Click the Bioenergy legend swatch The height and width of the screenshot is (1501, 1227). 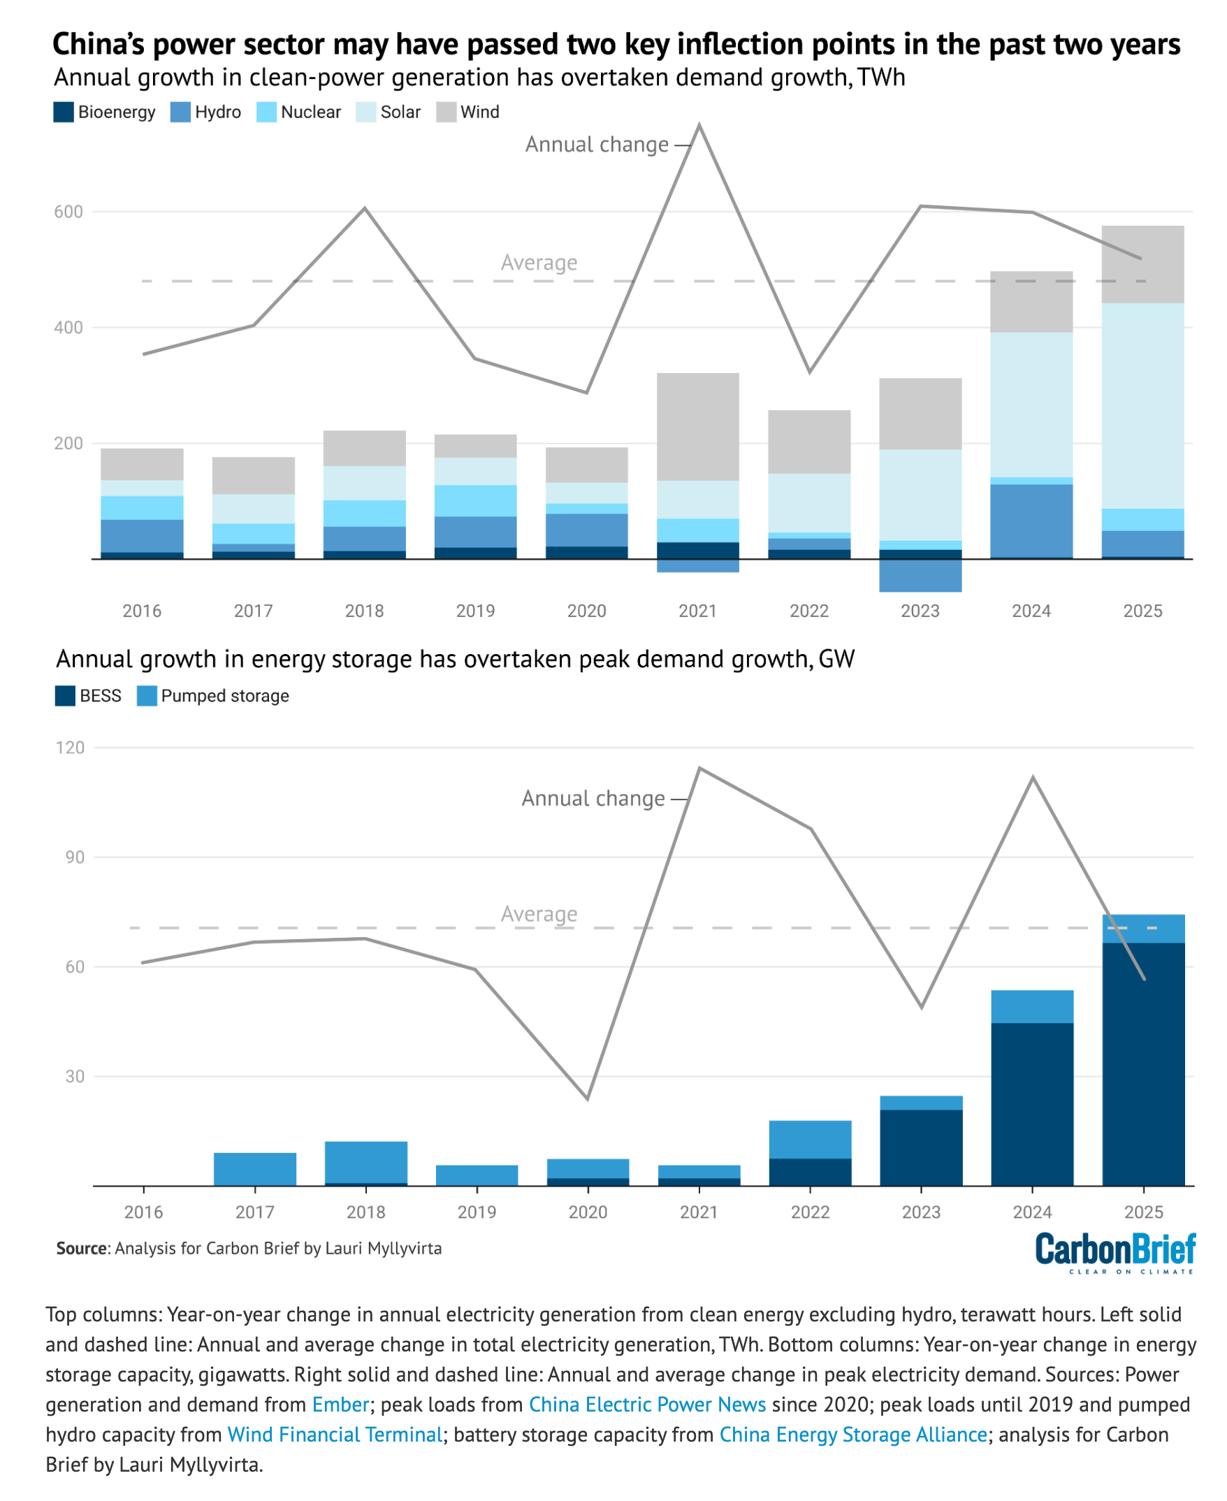(x=64, y=113)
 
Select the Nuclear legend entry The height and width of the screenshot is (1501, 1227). (x=310, y=113)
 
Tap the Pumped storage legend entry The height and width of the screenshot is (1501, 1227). (x=225, y=696)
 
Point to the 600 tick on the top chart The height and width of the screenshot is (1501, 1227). (x=68, y=212)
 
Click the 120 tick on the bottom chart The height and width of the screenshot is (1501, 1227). (x=70, y=748)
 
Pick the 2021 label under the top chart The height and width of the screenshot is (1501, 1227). (x=697, y=611)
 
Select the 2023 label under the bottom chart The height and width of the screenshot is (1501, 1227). (x=921, y=1212)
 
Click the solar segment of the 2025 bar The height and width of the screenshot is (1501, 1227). (x=1143, y=406)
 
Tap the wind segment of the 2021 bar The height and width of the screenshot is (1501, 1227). (x=697, y=427)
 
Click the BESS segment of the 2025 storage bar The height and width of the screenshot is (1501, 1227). (x=1143, y=1060)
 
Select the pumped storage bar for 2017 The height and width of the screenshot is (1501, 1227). (x=255, y=1170)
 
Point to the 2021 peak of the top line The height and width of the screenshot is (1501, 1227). (x=699, y=126)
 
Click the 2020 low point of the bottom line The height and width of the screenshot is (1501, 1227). (x=588, y=1098)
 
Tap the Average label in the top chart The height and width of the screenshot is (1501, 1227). (x=539, y=263)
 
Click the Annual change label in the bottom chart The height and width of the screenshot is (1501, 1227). (x=593, y=799)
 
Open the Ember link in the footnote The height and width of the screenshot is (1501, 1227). (x=341, y=1405)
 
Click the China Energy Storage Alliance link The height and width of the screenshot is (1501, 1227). (x=853, y=1435)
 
